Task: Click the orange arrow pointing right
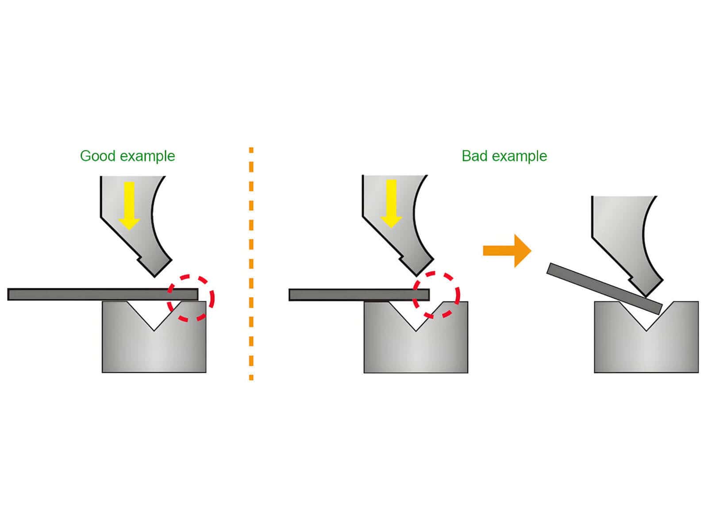click(x=507, y=250)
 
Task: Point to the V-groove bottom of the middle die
click(x=416, y=330)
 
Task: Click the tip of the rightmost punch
click(x=646, y=294)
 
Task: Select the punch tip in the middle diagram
click(x=416, y=274)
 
